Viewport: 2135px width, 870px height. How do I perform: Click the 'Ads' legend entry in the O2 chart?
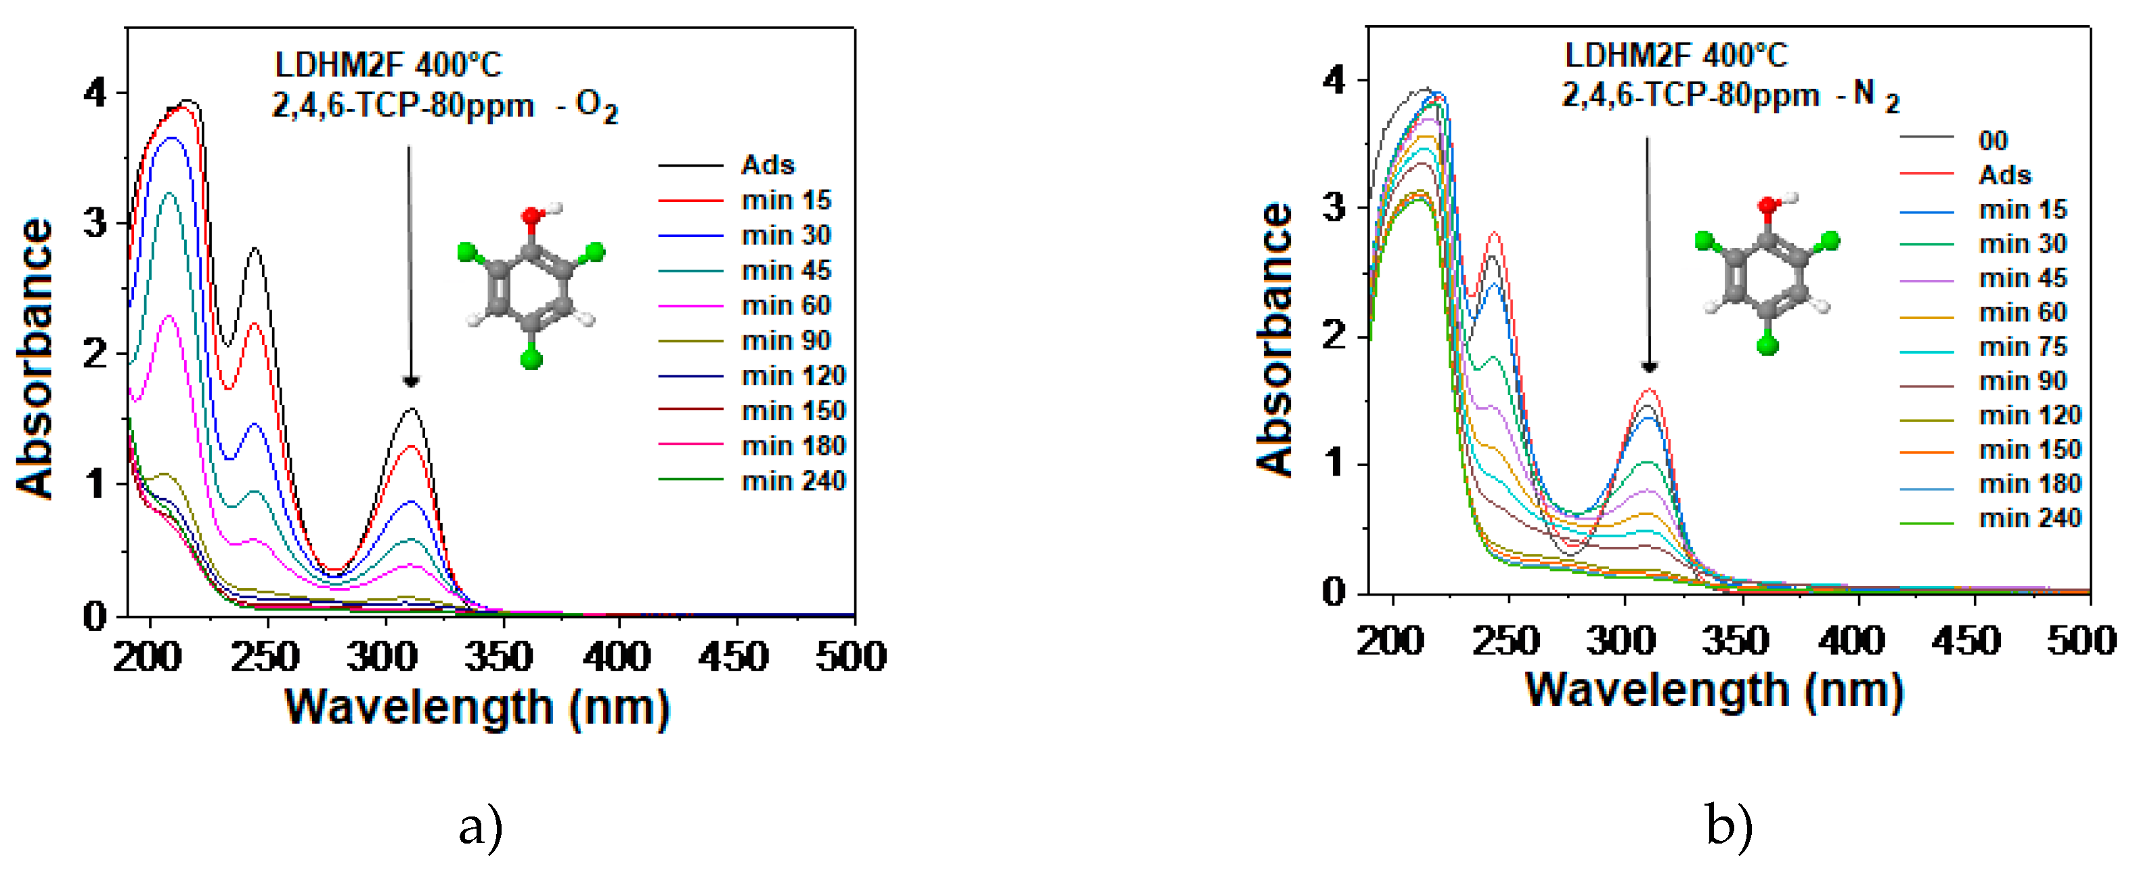pyautogui.click(x=768, y=165)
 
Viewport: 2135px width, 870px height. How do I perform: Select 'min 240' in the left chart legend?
pyautogui.click(x=793, y=481)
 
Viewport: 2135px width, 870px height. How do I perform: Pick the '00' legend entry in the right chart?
pyautogui.click(x=1994, y=140)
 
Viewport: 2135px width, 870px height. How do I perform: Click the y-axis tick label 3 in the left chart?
pyautogui.click(x=96, y=223)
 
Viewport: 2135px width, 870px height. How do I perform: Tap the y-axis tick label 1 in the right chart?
pyautogui.click(x=1334, y=463)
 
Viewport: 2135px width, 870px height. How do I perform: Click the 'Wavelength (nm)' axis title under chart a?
pyautogui.click(x=477, y=708)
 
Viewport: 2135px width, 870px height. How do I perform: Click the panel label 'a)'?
pyautogui.click(x=481, y=827)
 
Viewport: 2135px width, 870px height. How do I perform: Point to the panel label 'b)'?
pyautogui.click(x=1729, y=825)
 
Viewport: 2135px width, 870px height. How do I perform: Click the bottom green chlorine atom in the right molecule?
pyautogui.click(x=1768, y=344)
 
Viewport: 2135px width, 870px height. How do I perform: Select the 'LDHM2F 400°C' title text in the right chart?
pyautogui.click(x=1676, y=56)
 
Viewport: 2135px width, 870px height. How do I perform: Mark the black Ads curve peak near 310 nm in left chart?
pyautogui.click(x=411, y=409)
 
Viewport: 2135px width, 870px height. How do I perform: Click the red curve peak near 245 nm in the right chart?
pyautogui.click(x=1495, y=233)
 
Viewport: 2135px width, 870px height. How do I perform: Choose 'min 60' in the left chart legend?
pyautogui.click(x=786, y=305)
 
